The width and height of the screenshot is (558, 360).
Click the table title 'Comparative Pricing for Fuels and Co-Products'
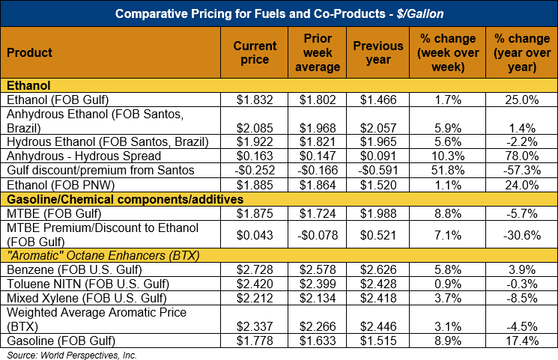click(278, 13)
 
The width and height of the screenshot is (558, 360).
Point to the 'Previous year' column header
click(379, 52)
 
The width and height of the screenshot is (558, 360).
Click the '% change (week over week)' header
click(448, 52)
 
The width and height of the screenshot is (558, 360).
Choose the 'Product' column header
click(29, 52)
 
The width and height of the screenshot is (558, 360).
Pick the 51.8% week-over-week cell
click(448, 171)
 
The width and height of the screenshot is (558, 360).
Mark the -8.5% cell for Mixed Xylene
click(522, 298)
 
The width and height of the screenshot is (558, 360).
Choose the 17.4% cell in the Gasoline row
click(522, 341)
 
